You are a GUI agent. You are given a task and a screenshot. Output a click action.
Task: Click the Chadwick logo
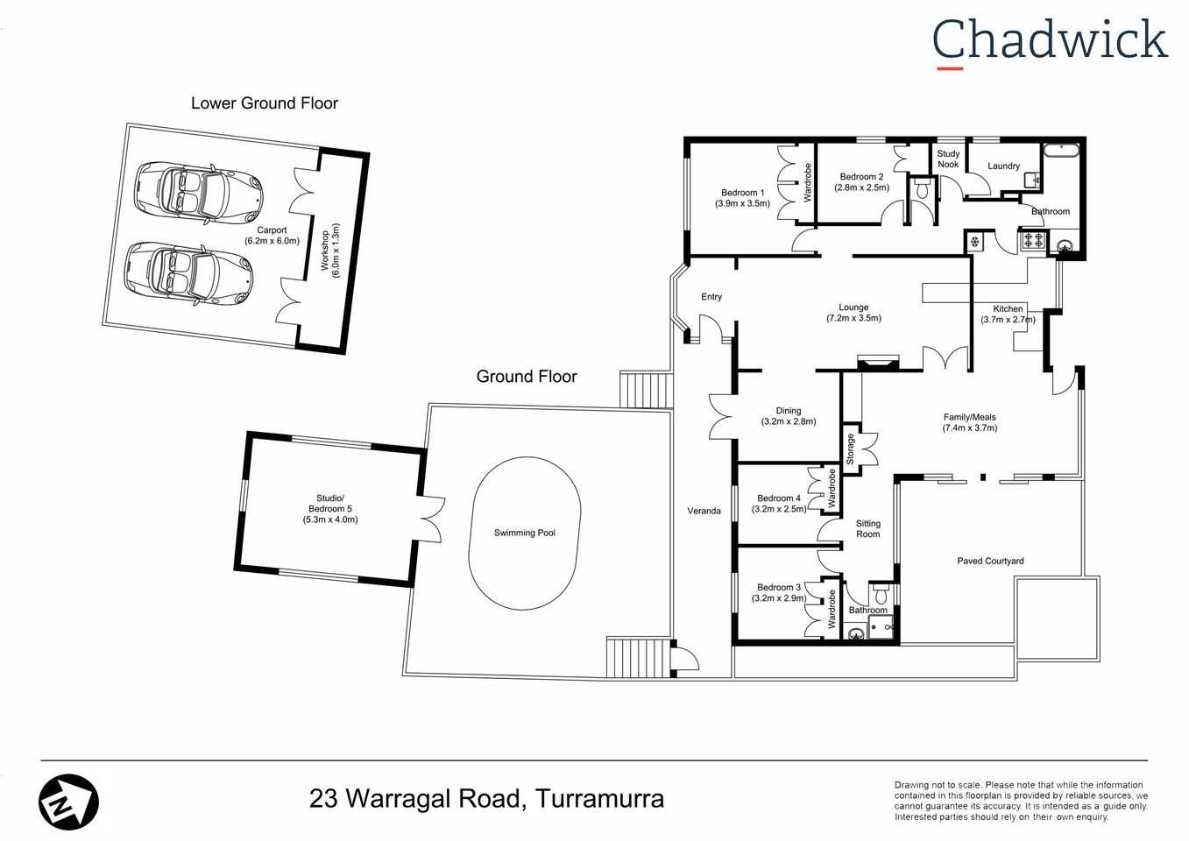[1049, 41]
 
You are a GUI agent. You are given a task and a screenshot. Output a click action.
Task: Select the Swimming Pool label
[524, 533]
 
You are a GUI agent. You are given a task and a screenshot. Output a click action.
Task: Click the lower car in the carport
[188, 273]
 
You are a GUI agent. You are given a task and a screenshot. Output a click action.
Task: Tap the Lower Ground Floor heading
[264, 103]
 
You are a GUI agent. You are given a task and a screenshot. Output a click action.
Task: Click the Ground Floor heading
[526, 377]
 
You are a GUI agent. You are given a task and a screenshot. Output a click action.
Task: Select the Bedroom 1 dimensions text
[742, 203]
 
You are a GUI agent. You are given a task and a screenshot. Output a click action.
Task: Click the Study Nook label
[948, 159]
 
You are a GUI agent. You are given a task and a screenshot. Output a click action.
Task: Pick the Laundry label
[1003, 166]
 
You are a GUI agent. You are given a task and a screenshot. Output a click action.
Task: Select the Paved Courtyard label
[990, 561]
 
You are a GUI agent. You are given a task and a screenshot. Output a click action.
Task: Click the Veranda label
[704, 511]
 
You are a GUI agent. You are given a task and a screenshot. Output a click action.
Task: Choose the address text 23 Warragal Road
[486, 799]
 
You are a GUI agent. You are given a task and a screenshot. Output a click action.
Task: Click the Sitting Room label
[867, 528]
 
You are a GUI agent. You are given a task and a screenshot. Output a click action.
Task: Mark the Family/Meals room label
[969, 422]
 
